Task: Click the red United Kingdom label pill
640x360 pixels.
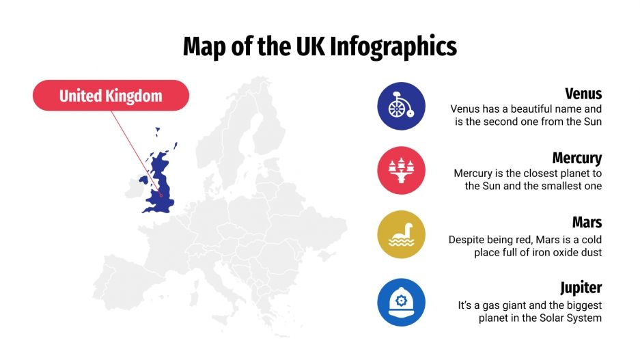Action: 111,96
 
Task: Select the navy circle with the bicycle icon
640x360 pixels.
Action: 401,107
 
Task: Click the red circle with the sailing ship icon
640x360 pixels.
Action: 401,171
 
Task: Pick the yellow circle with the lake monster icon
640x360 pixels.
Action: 401,235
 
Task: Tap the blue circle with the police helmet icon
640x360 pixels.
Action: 401,299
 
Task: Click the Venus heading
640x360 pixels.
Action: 583,94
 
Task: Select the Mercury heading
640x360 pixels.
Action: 576,158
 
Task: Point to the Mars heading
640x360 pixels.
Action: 587,223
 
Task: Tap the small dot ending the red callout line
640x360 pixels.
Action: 162,194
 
